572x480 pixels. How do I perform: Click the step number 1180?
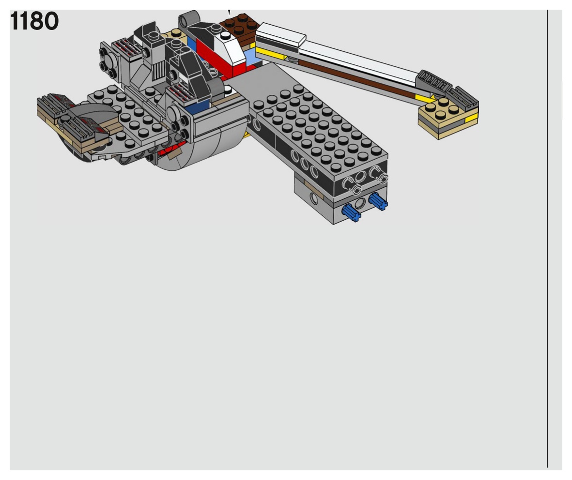click(x=34, y=21)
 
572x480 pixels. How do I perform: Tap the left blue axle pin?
click(x=351, y=213)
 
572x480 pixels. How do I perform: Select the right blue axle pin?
click(x=378, y=202)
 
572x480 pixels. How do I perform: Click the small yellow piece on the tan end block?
click(x=471, y=118)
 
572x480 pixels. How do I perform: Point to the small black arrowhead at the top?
click(x=229, y=13)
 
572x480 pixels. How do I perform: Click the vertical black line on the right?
click(x=547, y=239)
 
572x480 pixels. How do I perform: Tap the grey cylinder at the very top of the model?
click(x=190, y=19)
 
